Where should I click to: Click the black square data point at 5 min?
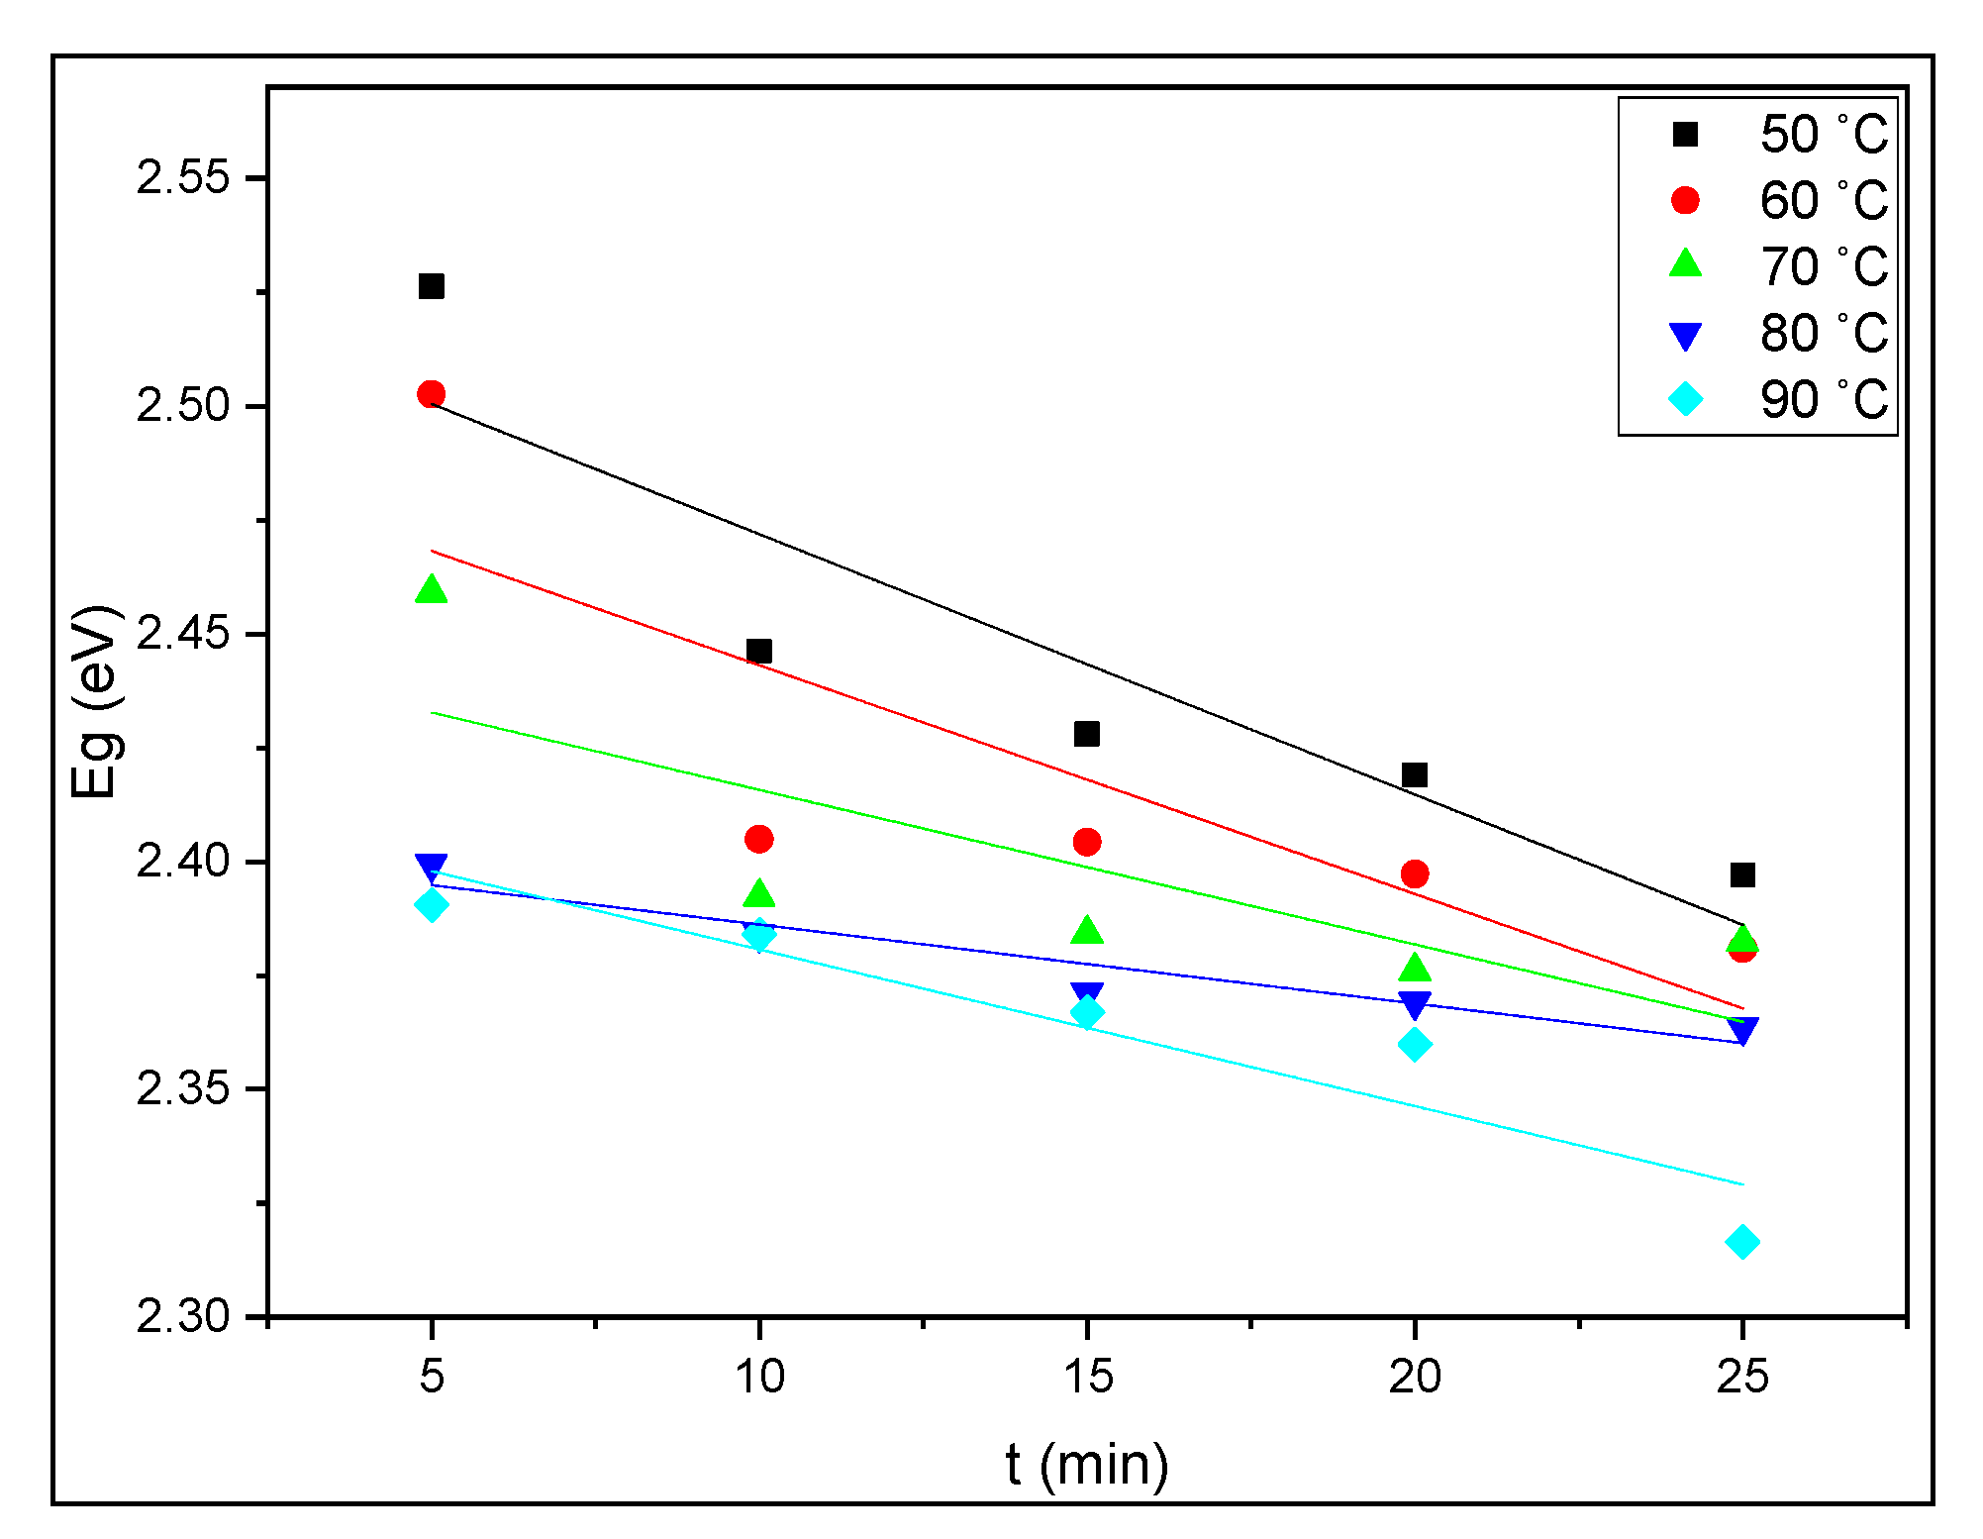pos(431,286)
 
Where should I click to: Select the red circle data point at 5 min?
pos(431,394)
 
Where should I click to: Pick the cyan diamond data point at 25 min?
pos(1742,1242)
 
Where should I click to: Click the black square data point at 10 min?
pos(759,651)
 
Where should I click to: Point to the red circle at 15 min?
pos(1087,842)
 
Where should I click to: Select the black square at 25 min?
pos(1742,874)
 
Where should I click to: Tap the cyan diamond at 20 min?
pos(1415,1044)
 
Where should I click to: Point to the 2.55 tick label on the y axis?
pos(182,178)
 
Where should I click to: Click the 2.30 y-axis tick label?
pos(182,1316)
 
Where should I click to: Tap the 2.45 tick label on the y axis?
pos(182,634)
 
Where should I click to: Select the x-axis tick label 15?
pos(1087,1377)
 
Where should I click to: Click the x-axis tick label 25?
pos(1742,1377)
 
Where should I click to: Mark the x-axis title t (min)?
pos(1087,1465)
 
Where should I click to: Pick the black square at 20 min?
pos(1415,774)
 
